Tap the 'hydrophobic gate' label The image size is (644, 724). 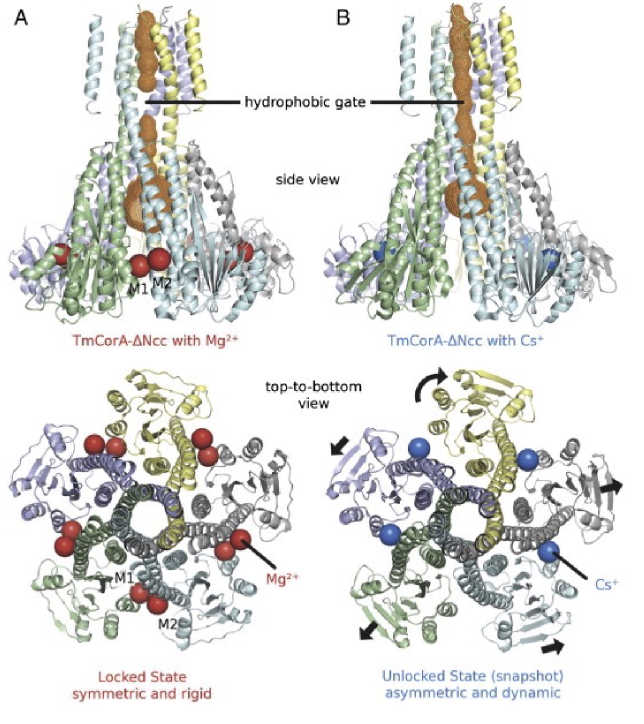pyautogui.click(x=305, y=103)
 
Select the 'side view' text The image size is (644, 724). pyautogui.click(x=308, y=180)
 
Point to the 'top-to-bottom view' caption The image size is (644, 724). pyautogui.click(x=313, y=394)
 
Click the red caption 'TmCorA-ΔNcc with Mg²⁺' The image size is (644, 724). pyautogui.click(x=156, y=340)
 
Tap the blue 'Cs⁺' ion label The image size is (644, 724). pyautogui.click(x=606, y=584)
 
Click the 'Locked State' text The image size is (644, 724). pyautogui.click(x=142, y=676)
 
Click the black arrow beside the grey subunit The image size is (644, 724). pyautogui.click(x=611, y=488)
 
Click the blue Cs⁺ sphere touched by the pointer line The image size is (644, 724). pyautogui.click(x=549, y=552)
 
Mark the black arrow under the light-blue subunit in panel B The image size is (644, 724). pyautogui.click(x=554, y=647)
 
